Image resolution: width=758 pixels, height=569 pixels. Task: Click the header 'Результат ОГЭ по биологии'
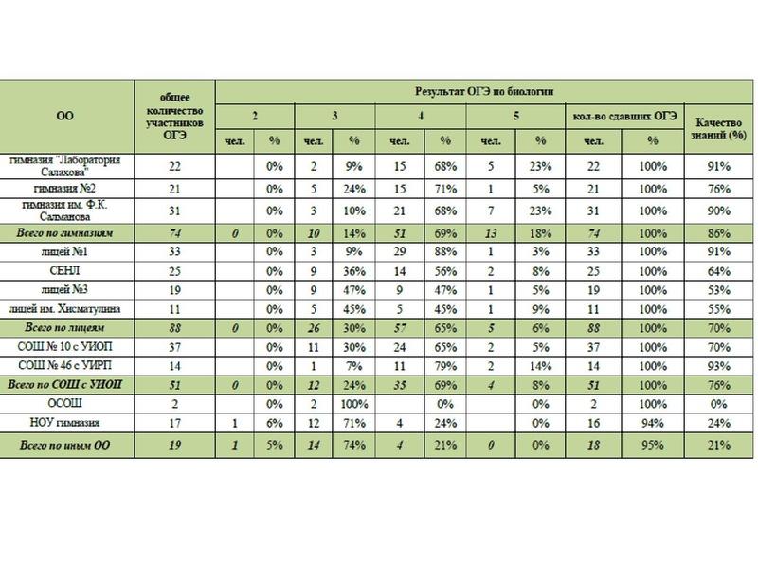coord(484,91)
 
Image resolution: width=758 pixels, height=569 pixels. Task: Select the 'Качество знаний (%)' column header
coord(724,128)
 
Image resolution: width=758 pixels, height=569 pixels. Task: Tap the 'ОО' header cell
coord(65,117)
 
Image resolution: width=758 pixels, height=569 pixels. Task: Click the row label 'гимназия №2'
coord(65,189)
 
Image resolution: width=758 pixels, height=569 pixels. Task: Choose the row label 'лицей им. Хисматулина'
coord(65,308)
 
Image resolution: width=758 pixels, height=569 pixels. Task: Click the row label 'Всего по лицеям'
coord(65,327)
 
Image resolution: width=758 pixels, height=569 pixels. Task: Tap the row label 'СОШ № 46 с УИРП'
coord(65,364)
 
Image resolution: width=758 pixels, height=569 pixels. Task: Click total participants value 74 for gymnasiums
coord(174,232)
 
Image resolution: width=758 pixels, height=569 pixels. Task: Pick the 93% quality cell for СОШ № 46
coord(723,364)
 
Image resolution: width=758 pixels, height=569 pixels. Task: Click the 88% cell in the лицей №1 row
coord(443,252)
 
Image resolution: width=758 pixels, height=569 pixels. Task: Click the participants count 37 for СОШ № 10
coord(174,346)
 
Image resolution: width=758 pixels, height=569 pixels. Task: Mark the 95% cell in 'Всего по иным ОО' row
coord(652,444)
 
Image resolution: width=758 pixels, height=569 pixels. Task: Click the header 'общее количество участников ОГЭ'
coord(174,117)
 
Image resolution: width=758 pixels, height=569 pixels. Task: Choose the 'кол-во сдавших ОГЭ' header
coord(623,116)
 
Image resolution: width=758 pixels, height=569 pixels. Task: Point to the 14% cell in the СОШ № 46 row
coord(539,364)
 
